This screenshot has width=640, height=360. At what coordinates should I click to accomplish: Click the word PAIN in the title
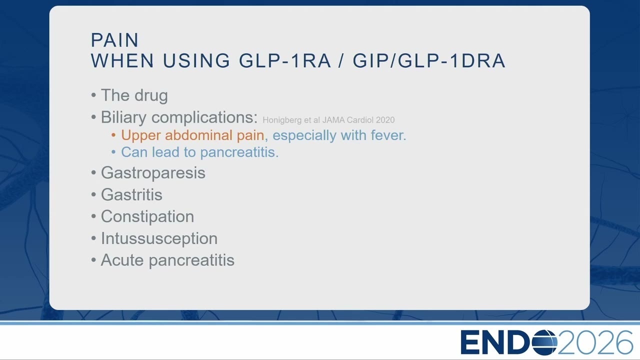point(114,40)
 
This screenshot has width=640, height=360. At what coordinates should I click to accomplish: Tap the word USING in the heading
point(196,60)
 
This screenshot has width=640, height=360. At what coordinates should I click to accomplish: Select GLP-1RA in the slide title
point(285,60)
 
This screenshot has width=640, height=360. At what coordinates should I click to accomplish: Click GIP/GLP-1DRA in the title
point(429,60)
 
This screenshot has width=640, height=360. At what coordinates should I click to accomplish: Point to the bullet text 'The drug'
point(134,95)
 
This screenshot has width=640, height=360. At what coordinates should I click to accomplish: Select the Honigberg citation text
point(328,120)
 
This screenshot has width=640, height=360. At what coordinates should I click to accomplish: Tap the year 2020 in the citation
point(385,120)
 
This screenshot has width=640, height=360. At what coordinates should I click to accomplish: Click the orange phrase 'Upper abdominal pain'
point(192,135)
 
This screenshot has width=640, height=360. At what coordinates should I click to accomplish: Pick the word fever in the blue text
point(388,135)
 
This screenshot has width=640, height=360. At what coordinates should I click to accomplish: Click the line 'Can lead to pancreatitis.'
point(199,152)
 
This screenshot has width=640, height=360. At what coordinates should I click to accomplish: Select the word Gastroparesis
point(153,173)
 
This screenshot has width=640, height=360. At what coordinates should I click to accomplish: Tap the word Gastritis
point(131,194)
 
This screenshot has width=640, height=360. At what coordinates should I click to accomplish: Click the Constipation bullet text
point(147,217)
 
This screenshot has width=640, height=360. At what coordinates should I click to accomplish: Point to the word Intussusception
point(159,238)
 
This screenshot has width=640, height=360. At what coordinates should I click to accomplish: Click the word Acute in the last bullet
point(122,260)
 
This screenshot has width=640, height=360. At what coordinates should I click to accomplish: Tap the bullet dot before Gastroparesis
point(93,173)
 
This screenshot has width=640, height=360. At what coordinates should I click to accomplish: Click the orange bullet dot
point(113,135)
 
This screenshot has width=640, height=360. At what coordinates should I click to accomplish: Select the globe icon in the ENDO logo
point(544,342)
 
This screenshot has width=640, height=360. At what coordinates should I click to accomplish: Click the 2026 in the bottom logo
point(594,342)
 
